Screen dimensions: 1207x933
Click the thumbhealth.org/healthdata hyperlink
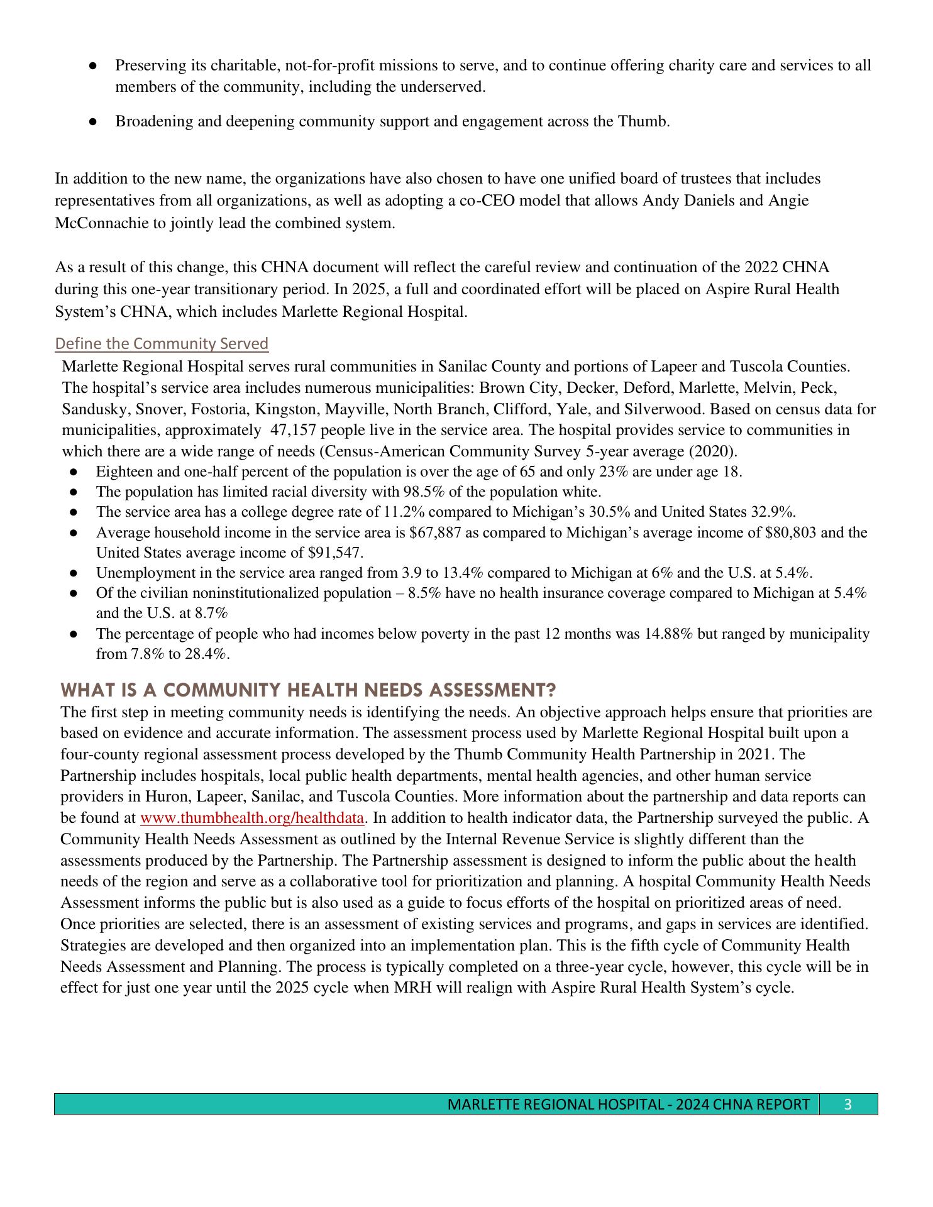tap(252, 818)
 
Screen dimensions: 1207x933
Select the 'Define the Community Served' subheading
tap(162, 344)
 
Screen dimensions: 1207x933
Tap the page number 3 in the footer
tap(848, 1105)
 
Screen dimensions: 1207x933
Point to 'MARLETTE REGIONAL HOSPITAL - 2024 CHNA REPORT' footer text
tap(628, 1105)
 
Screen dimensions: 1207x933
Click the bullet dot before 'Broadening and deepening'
tap(92, 121)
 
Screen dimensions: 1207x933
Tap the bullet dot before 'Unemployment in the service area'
tap(74, 573)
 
